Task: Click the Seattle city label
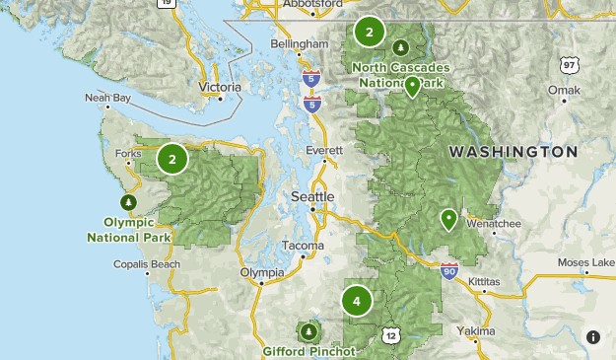312,197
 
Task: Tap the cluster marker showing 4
357,301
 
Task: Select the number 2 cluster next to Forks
172,158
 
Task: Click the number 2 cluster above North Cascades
369,32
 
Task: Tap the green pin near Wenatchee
449,219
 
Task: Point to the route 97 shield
569,65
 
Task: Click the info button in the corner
593,337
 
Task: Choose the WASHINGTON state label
513,152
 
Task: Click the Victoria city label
220,87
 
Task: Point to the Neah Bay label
107,99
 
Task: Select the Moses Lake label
585,262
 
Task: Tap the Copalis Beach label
147,264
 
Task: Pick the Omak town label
565,90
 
